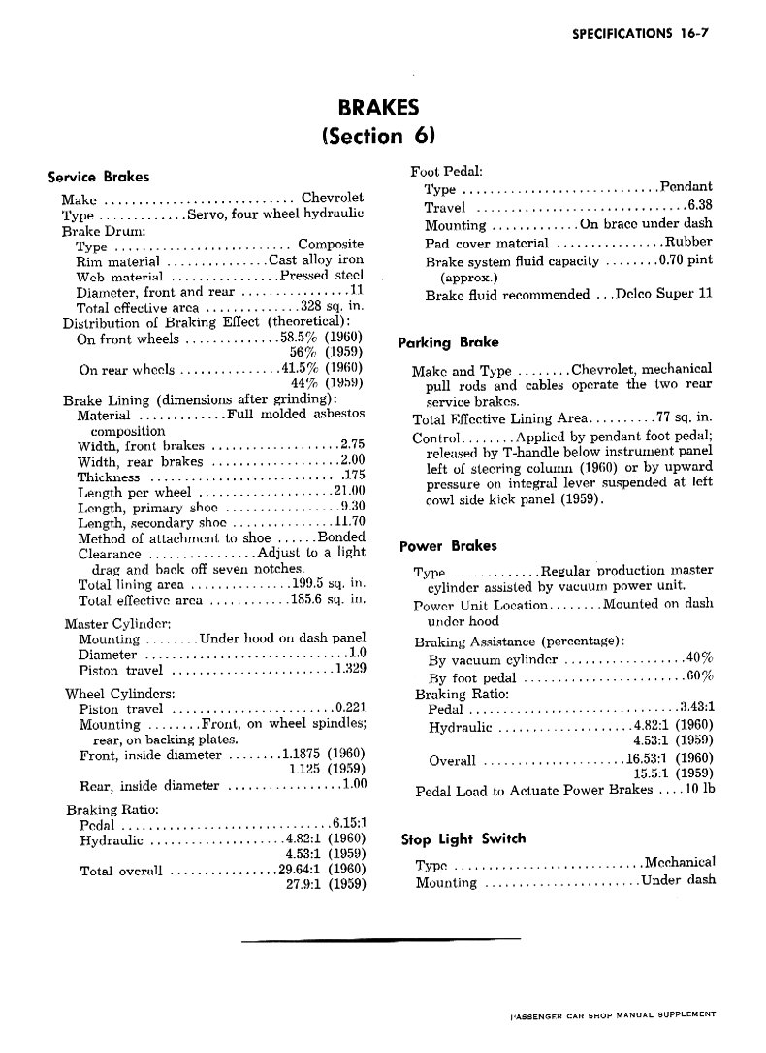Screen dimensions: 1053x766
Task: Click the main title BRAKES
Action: tap(379, 107)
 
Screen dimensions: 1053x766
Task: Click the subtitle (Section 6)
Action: tap(379, 136)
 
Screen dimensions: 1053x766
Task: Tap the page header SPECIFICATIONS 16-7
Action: tap(642, 33)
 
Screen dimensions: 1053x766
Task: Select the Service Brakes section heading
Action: tap(98, 177)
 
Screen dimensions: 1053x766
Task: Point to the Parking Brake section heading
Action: tap(449, 342)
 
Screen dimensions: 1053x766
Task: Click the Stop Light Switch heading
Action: tap(463, 839)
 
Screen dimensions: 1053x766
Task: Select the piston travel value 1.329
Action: tap(348, 669)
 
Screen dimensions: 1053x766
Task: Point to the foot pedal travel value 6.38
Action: tap(699, 206)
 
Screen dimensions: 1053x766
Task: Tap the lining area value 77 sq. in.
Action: tap(684, 418)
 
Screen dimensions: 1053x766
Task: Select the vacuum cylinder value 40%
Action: tap(699, 658)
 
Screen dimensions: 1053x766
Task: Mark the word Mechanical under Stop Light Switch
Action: tap(680, 862)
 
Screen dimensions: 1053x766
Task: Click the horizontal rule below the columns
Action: tap(380, 939)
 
